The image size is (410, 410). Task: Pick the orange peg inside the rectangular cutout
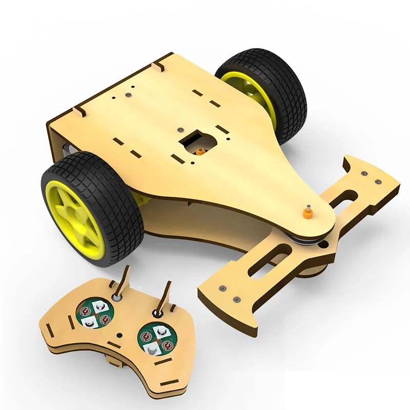[199, 151]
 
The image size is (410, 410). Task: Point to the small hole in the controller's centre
[120, 335]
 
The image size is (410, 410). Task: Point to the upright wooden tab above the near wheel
[78, 110]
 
